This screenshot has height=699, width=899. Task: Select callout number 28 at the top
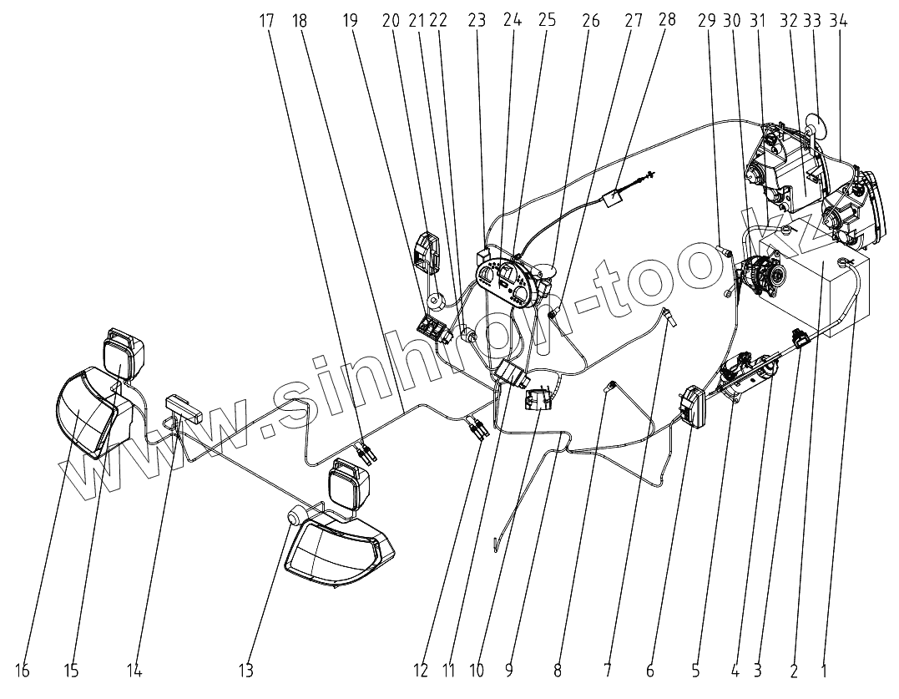[667, 19]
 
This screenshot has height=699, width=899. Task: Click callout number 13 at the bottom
[245, 670]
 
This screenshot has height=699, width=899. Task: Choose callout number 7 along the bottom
[608, 670]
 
